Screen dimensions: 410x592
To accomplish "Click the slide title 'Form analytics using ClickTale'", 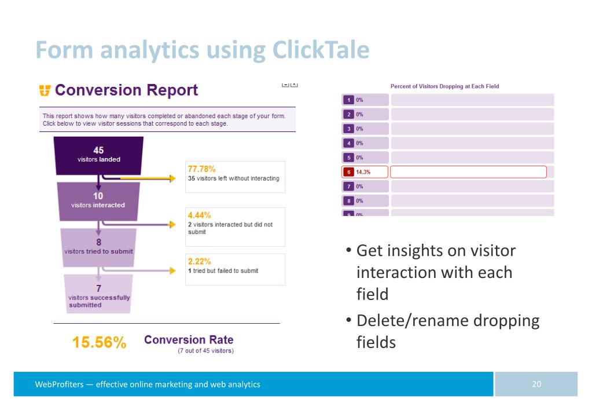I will pyautogui.click(x=203, y=50).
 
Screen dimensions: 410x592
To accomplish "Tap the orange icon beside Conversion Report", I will pyautogui.click(x=45, y=90).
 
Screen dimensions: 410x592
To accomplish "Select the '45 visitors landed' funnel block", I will pyautogui.click(x=98, y=155).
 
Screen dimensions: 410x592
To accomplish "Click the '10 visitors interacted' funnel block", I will pyautogui.click(x=98, y=200).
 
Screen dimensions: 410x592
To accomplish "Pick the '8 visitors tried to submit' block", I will pyautogui.click(x=98, y=247).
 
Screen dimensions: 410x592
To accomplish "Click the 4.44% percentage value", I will pyautogui.click(x=199, y=215).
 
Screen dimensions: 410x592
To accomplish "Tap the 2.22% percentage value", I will pyautogui.click(x=199, y=261).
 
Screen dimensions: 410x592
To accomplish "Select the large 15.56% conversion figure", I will pyautogui.click(x=99, y=343).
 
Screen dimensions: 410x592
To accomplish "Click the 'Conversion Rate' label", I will pyautogui.click(x=189, y=340).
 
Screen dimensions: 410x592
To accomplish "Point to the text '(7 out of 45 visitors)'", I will pyautogui.click(x=205, y=351).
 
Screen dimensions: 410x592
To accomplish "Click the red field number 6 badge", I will pyautogui.click(x=349, y=172).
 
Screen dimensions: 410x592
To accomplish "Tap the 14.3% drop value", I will pyautogui.click(x=363, y=172).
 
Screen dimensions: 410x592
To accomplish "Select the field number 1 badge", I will pyautogui.click(x=349, y=100).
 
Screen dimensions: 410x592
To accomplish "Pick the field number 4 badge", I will pyautogui.click(x=349, y=143).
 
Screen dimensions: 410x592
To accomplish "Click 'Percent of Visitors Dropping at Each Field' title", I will pyautogui.click(x=444, y=86).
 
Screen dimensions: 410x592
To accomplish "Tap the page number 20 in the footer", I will pyautogui.click(x=536, y=384).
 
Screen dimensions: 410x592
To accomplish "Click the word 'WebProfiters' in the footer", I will pyautogui.click(x=59, y=384).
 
